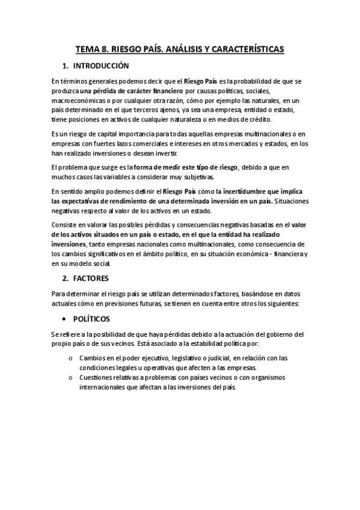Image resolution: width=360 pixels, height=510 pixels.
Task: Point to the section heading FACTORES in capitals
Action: tap(93, 280)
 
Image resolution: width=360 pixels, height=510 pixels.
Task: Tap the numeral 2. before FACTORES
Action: tap(67, 280)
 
